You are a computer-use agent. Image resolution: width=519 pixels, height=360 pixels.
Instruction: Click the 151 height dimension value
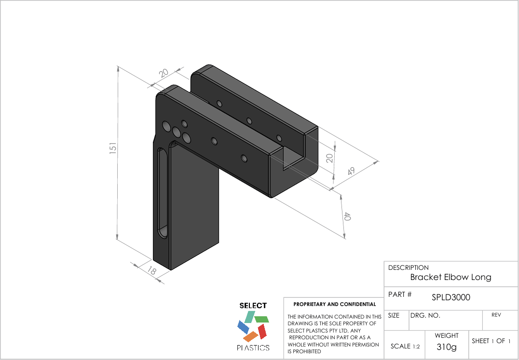[x=112, y=148]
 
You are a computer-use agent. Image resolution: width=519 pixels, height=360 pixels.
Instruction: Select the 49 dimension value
[x=351, y=171]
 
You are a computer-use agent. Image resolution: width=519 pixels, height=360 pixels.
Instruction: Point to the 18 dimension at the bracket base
[x=151, y=271]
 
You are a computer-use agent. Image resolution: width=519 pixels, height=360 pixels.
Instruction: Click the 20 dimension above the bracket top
[x=164, y=73]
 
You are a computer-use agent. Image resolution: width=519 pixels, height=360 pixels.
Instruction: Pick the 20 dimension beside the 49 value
[x=330, y=158]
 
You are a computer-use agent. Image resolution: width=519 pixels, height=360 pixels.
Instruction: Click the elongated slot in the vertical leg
[x=163, y=193]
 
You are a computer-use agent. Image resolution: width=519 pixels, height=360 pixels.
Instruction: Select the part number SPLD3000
[x=451, y=297]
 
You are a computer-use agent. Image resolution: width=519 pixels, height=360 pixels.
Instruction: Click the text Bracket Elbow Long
[x=451, y=277]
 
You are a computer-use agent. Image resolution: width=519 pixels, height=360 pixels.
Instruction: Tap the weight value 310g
[x=446, y=347]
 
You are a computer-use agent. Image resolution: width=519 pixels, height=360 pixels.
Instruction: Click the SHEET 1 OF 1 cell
[x=491, y=341]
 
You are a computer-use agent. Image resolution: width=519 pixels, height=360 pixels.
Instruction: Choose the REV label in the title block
[x=496, y=315]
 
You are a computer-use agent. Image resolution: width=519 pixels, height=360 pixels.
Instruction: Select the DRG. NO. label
[x=425, y=316]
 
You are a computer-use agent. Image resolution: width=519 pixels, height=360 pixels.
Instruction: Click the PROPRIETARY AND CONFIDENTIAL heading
[x=334, y=304]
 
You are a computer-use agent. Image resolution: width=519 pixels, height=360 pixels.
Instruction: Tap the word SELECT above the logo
[x=253, y=306]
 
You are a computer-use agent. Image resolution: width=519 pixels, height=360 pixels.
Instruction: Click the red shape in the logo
[x=262, y=331]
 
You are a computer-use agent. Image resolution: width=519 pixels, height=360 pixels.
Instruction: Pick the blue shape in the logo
[x=243, y=327]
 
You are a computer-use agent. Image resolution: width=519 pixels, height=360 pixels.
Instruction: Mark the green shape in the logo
[x=261, y=319]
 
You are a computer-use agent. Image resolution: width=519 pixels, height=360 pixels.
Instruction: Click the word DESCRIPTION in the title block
[x=408, y=267]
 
